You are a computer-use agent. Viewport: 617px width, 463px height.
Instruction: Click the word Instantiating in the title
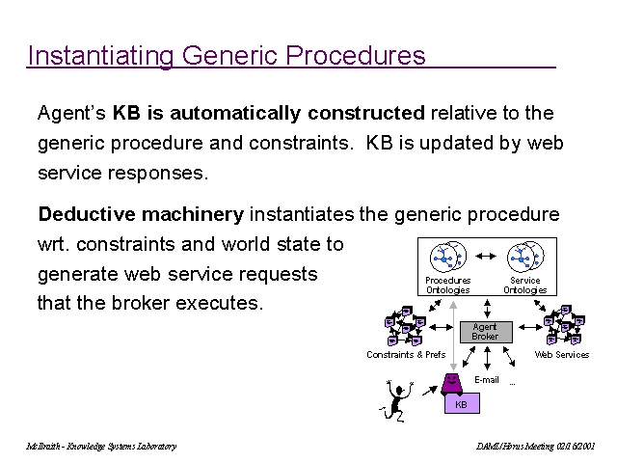click(88, 55)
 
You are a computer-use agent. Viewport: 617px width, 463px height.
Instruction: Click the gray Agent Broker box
click(485, 332)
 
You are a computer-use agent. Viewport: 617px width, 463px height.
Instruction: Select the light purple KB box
click(461, 405)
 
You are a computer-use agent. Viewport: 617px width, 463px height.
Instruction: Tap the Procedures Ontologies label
click(447, 286)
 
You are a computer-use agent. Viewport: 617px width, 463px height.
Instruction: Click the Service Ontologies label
click(524, 286)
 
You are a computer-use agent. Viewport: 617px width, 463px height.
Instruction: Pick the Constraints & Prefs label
click(406, 355)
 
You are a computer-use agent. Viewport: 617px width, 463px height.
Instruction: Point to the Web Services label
click(562, 355)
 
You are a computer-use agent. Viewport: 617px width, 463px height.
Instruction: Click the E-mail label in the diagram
click(487, 381)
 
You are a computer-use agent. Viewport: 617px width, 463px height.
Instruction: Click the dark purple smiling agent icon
click(453, 384)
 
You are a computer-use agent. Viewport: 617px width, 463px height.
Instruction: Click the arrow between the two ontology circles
click(487, 257)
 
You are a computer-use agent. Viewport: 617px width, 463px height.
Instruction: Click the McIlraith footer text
click(101, 447)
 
